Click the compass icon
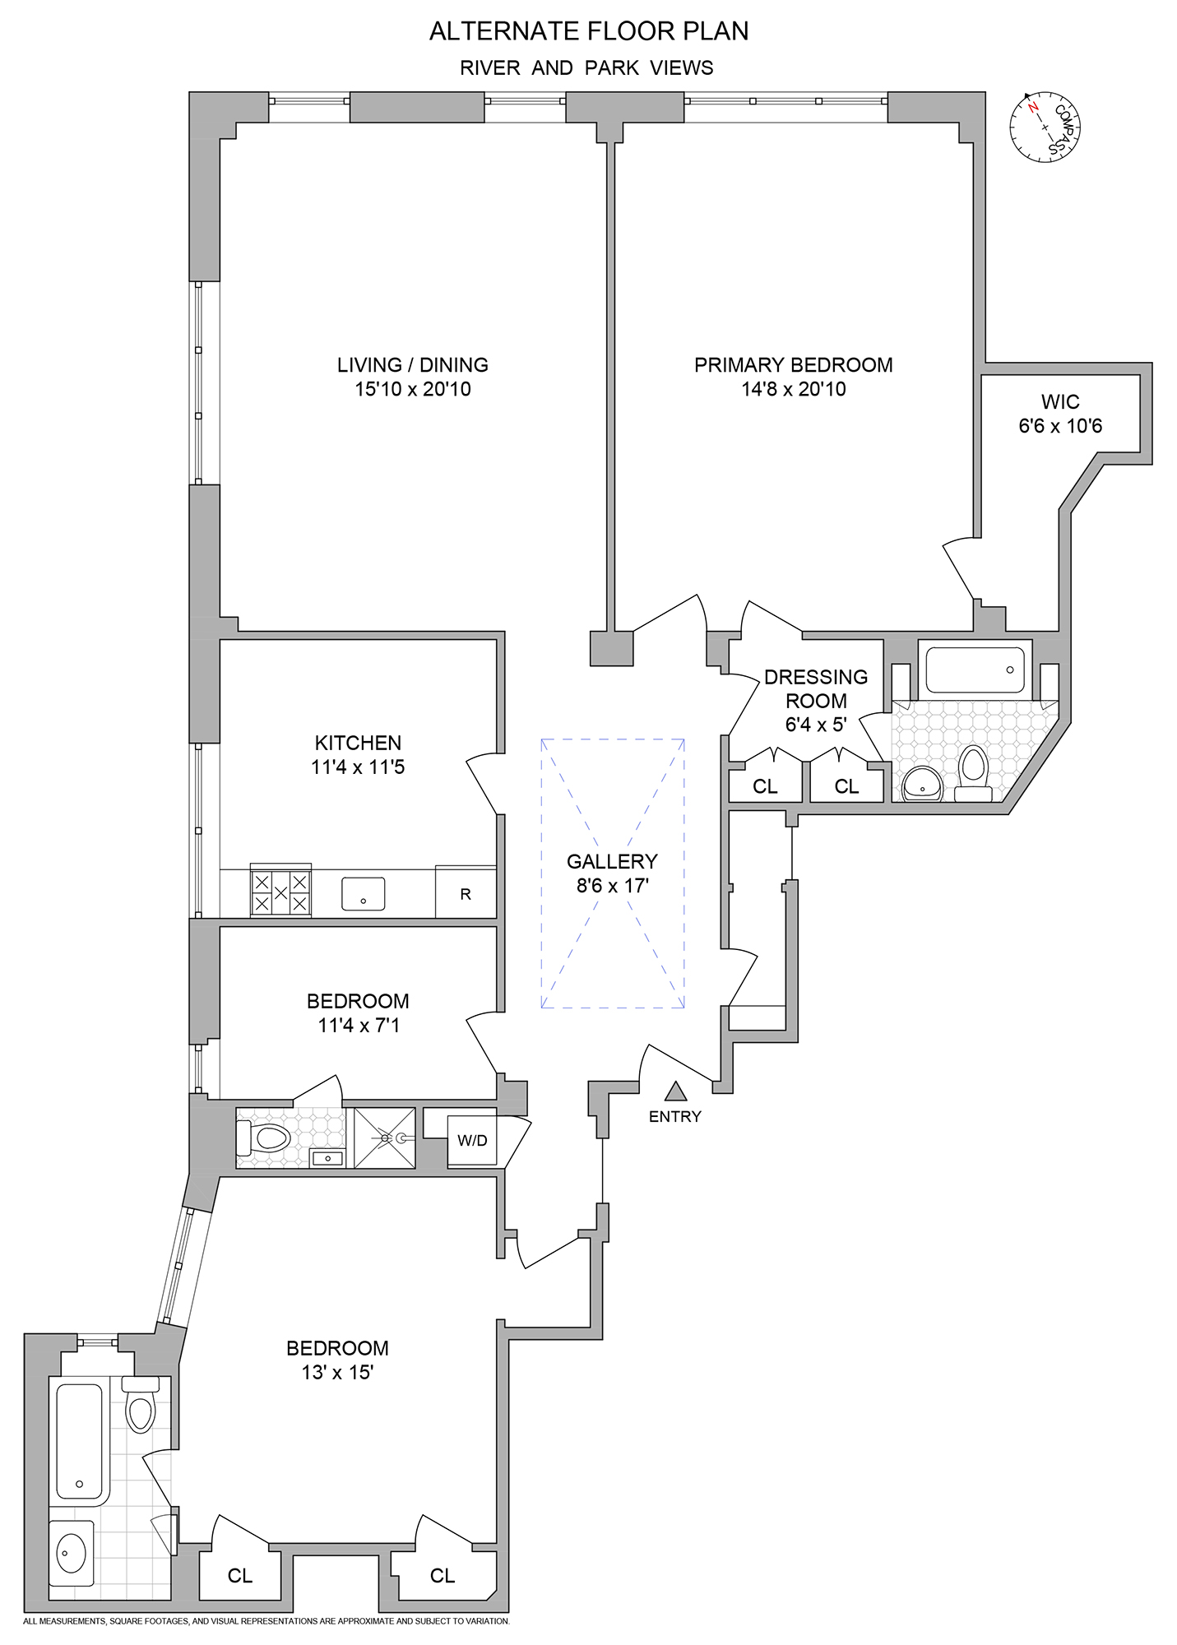[x=1045, y=127]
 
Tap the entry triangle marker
[x=675, y=1092]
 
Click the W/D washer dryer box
[x=472, y=1140]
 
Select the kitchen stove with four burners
[x=280, y=892]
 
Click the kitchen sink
[x=363, y=894]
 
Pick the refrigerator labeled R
[x=466, y=893]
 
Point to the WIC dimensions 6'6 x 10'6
[x=1060, y=426]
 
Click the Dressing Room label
[x=815, y=688]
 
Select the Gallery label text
[x=612, y=861]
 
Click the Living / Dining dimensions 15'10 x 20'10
[x=413, y=389]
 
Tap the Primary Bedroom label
[x=793, y=364]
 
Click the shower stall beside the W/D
[x=385, y=1138]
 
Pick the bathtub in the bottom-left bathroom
[x=79, y=1440]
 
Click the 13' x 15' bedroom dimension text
[x=337, y=1372]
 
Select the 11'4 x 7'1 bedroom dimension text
[x=358, y=1025]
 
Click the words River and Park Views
[x=586, y=68]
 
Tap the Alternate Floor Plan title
[x=589, y=31]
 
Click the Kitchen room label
[x=358, y=743]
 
